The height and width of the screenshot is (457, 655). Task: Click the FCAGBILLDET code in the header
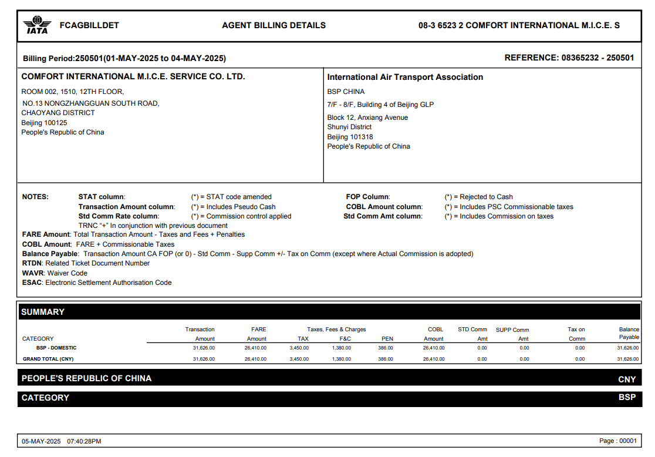click(89, 25)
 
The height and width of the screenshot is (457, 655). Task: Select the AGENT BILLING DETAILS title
click(274, 25)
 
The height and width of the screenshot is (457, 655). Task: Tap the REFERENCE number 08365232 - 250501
click(597, 58)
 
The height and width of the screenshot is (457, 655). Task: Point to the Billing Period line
click(124, 58)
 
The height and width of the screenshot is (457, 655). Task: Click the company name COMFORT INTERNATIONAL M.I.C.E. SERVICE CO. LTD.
click(133, 76)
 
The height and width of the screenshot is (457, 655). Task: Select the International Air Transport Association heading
click(405, 77)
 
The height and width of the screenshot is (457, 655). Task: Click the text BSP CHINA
click(346, 92)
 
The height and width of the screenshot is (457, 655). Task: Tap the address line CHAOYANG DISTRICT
click(58, 113)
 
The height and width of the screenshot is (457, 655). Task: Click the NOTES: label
click(35, 197)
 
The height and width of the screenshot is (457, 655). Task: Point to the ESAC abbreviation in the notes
click(32, 283)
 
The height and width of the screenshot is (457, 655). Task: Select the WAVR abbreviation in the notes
click(33, 273)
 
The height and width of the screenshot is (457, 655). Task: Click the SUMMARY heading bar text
click(43, 312)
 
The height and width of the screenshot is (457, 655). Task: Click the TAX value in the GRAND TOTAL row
click(299, 359)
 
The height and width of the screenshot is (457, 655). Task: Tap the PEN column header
click(387, 339)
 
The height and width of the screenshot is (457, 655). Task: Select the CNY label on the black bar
click(627, 379)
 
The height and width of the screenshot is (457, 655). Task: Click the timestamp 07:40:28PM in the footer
click(84, 441)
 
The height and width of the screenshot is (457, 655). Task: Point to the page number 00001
click(627, 441)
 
